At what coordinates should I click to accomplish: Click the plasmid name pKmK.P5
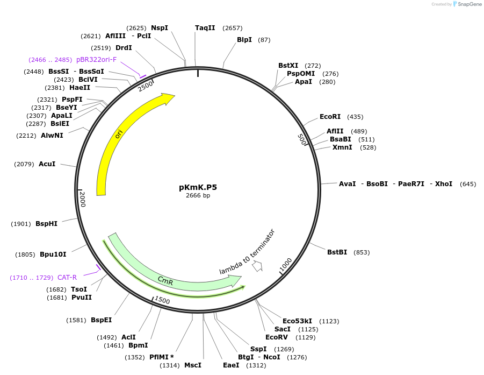coord(198,187)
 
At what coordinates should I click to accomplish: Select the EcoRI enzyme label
coord(330,117)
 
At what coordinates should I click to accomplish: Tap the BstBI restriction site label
coord(337,252)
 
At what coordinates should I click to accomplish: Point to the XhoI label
coord(444,184)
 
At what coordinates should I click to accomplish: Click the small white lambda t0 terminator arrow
coord(257,266)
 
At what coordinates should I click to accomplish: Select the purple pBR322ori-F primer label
coord(96,60)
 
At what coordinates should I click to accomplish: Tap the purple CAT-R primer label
coord(67,278)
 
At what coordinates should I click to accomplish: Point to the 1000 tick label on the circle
coord(285,265)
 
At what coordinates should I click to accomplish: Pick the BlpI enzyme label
coord(244,40)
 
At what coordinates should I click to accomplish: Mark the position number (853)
coord(362,252)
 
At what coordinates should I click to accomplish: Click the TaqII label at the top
coord(205,28)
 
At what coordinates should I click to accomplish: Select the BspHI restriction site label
coord(46,224)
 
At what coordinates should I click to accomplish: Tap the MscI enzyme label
coord(192,365)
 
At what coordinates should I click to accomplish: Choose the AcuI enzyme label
coord(47,164)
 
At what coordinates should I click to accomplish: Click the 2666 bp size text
coord(198,196)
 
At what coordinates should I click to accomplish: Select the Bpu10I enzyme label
coord(53,254)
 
